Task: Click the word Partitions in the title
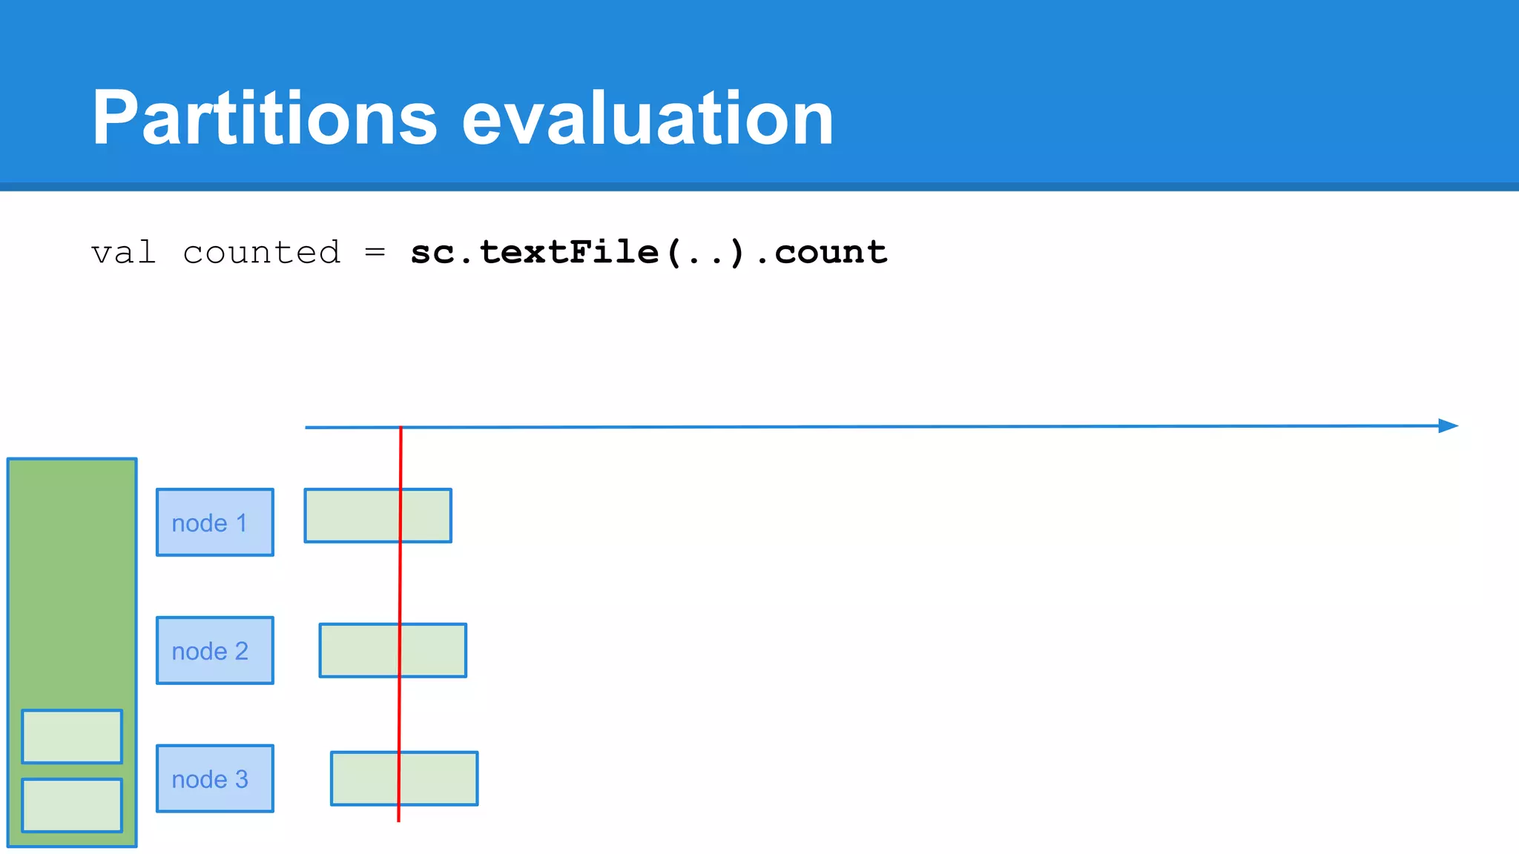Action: [264, 119]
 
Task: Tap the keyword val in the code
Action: [123, 253]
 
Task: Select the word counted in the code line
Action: [261, 253]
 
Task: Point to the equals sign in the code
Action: [375, 253]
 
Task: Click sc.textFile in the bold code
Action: [534, 253]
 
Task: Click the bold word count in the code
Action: [831, 253]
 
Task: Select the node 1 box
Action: [214, 522]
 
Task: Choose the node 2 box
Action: [214, 650]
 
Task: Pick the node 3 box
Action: [214, 778]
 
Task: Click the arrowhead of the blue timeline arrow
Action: [1449, 426]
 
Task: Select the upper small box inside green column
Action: [72, 736]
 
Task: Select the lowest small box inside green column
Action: [72, 805]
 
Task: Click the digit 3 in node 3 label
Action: [241, 779]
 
